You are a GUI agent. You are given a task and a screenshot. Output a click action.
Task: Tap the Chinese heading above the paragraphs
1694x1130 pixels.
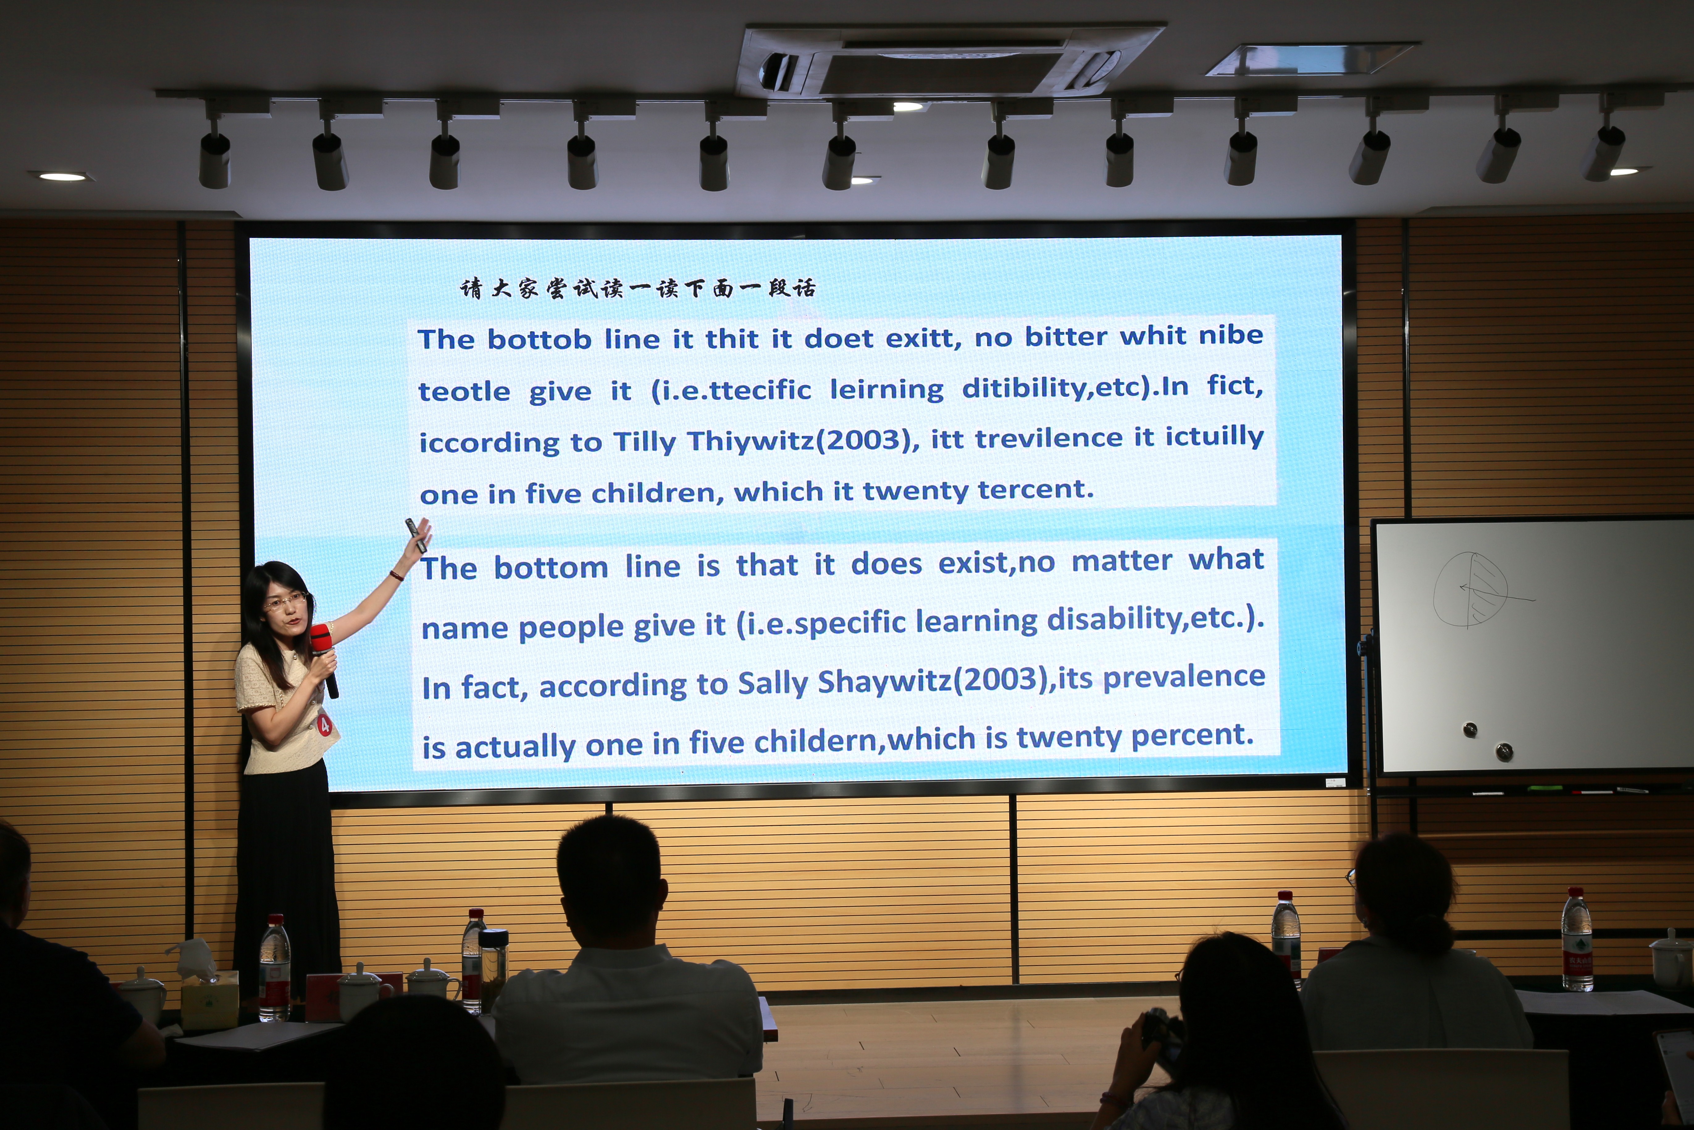pyautogui.click(x=638, y=288)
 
